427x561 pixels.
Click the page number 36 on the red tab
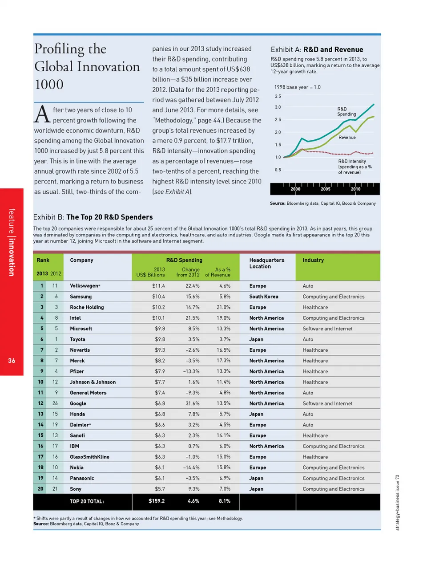tap(12, 361)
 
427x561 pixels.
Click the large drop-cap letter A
tap(42, 114)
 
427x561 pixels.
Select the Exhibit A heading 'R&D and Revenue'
tap(333, 49)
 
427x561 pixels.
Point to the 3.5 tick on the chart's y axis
tap(278, 96)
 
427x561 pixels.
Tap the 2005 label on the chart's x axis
tap(326, 189)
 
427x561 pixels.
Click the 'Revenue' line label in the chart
tap(347, 138)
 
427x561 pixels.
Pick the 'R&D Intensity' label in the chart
tap(352, 162)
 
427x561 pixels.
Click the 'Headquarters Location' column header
tap(266, 263)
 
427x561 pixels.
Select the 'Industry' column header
tap(313, 260)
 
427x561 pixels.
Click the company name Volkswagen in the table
tap(84, 286)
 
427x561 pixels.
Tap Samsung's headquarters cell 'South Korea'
tap(264, 297)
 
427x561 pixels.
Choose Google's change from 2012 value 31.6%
tap(192, 403)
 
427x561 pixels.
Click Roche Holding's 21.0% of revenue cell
tap(223, 307)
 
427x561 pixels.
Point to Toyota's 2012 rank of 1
tap(56, 339)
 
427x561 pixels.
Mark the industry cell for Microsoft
tap(327, 329)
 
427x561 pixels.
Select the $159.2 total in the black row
tap(157, 501)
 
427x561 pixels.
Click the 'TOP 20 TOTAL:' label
tap(87, 501)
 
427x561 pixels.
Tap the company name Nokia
tap(77, 467)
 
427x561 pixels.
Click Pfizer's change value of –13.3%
tap(191, 371)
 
